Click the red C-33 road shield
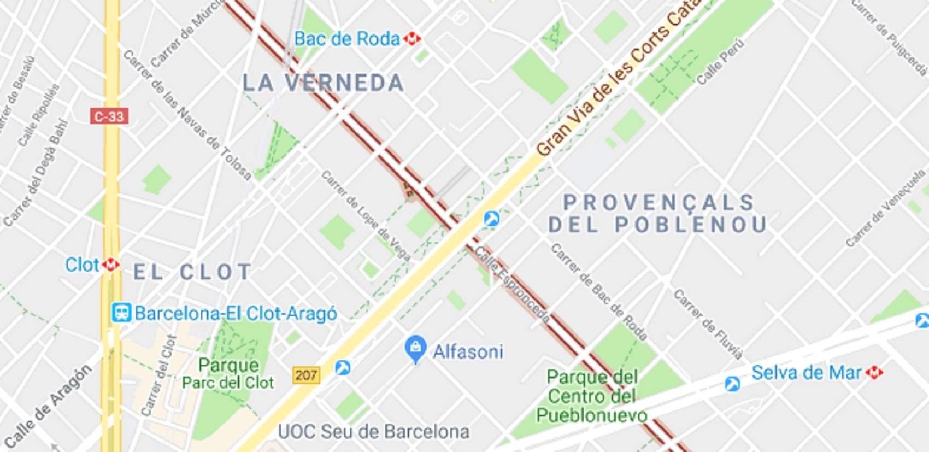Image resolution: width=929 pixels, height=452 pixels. [109, 116]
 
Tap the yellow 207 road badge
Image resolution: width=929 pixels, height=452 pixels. [305, 375]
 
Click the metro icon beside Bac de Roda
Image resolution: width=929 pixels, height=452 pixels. [412, 39]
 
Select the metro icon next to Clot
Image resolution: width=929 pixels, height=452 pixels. [111, 265]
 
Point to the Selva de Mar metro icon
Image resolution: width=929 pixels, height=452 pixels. [874, 373]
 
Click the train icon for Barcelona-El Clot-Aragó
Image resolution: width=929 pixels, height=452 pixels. [121, 313]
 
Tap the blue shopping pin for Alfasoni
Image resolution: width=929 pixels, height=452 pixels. [415, 348]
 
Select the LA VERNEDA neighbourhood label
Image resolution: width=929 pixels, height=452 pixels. [323, 83]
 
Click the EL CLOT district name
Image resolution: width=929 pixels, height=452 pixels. [192, 272]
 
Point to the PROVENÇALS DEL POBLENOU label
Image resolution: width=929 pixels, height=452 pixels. [658, 214]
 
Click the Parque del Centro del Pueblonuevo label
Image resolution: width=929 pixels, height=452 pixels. [592, 396]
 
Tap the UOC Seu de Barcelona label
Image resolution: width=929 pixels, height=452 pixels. [374, 432]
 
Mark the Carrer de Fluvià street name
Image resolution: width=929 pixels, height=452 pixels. [708, 325]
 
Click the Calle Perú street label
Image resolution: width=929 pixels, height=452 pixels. [720, 61]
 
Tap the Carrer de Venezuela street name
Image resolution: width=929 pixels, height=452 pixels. [885, 208]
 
